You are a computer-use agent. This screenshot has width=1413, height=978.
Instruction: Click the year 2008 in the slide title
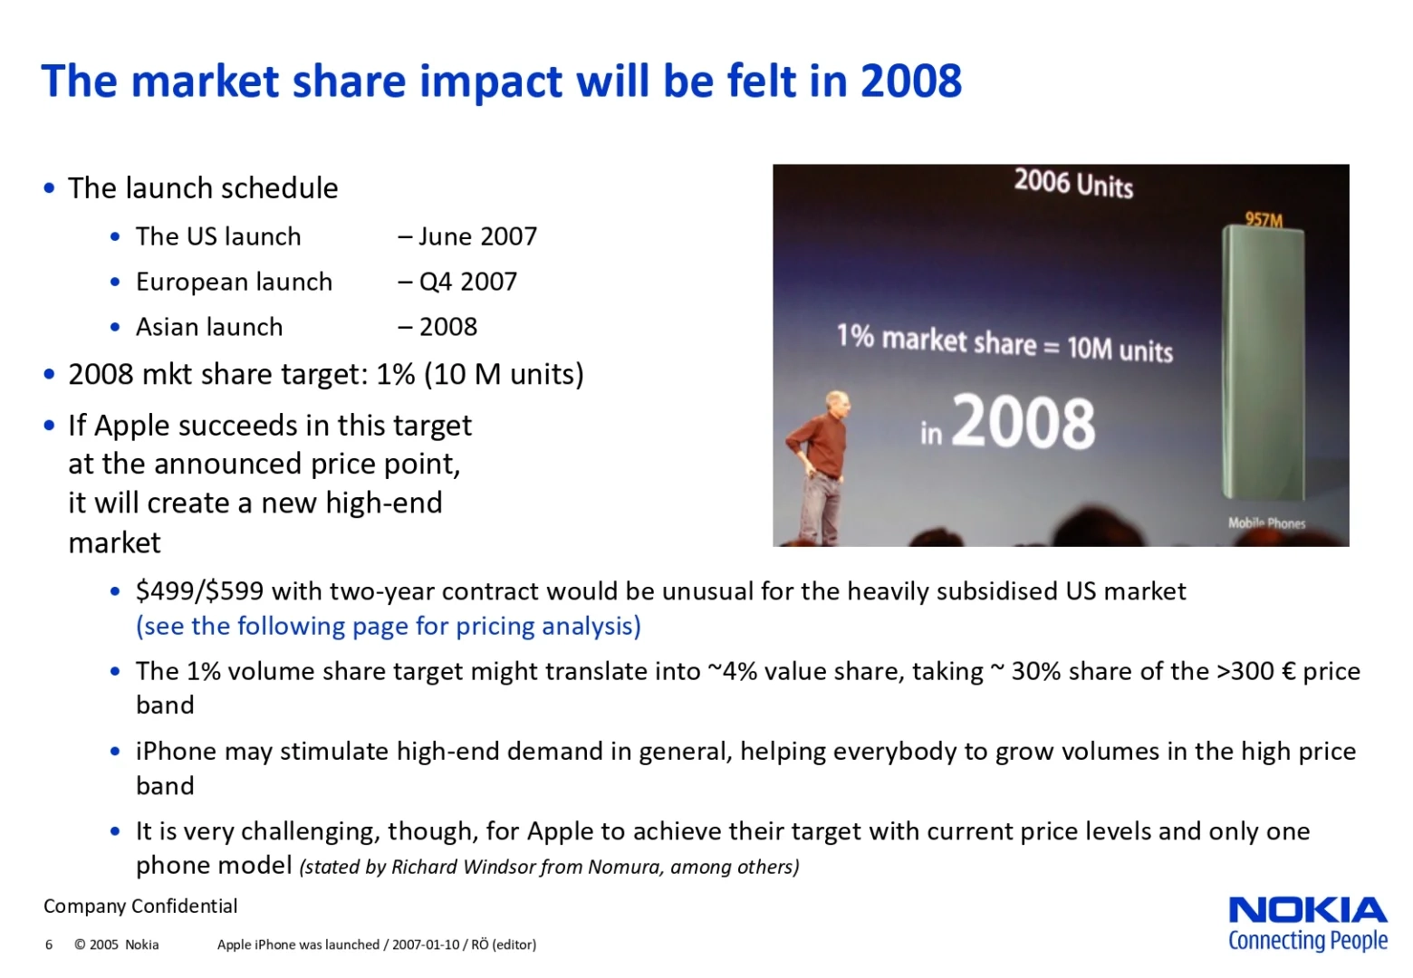910,81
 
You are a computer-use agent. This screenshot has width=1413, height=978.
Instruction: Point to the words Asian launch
209,327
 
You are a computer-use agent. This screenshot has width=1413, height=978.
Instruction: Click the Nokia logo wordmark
1307,910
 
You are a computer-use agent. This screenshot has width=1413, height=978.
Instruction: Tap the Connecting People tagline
1307,941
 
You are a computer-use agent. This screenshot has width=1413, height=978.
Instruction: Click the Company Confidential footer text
140,906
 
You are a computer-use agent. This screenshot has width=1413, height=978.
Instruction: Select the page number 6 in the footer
49,944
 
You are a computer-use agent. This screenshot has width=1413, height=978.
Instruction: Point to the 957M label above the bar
1264,219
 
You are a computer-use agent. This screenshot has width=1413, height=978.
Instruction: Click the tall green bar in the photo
1264,362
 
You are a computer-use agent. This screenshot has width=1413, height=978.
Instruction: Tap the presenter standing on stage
822,466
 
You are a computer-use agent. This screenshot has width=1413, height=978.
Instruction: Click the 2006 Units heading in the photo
1073,184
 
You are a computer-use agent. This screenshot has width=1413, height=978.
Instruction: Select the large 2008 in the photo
1024,423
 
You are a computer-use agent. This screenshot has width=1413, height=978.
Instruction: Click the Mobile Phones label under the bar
1266,523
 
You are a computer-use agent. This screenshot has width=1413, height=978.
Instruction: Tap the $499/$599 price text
199,591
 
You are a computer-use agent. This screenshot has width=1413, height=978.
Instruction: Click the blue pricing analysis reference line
388,627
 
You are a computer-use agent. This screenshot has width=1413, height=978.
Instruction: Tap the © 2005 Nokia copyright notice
116,944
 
